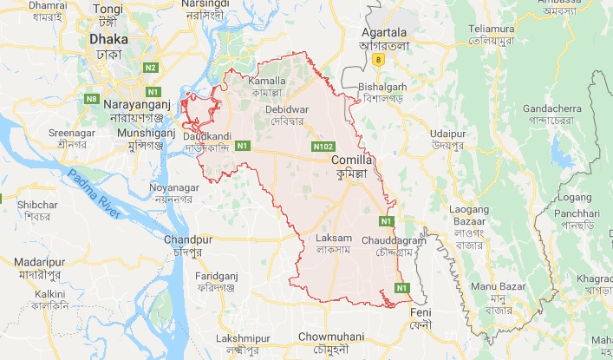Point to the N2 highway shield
pyautogui.click(x=150, y=67)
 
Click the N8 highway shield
pyautogui.click(x=92, y=100)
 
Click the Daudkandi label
pyautogui.click(x=206, y=137)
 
